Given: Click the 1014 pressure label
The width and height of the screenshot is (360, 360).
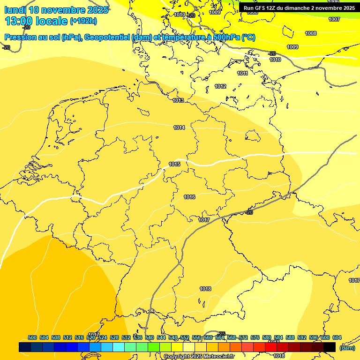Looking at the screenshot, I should click(x=179, y=127).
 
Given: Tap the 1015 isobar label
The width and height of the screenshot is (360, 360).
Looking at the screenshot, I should click(x=175, y=164).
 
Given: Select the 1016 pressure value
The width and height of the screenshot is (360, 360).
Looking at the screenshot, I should click(x=189, y=197).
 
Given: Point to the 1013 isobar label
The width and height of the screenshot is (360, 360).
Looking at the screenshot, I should click(x=178, y=101).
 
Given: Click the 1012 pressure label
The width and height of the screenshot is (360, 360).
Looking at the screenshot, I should click(x=220, y=86).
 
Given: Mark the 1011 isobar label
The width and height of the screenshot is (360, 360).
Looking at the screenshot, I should click(x=242, y=73).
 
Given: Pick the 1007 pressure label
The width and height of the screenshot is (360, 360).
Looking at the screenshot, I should click(x=334, y=19).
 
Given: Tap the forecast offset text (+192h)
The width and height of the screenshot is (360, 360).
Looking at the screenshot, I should click(x=83, y=21).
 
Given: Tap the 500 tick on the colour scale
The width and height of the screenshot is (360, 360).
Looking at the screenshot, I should click(x=32, y=337).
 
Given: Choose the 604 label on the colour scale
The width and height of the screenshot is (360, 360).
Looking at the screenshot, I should click(x=337, y=337).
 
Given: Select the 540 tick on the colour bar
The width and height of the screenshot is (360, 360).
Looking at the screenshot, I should click(x=150, y=337).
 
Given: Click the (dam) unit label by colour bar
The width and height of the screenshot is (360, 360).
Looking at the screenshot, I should click(x=347, y=348).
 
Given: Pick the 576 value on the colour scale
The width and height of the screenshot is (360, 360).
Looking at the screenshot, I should click(x=255, y=337).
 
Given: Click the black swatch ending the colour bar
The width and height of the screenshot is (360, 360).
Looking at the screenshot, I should click(x=329, y=347).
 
